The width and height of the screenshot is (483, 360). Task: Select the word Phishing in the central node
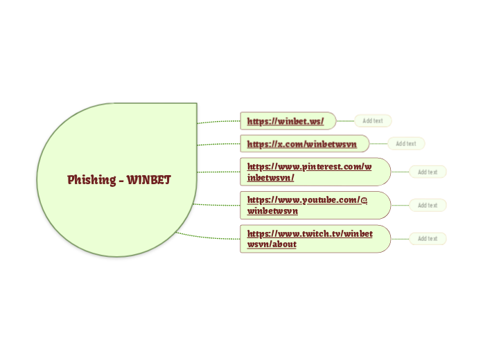click(91, 180)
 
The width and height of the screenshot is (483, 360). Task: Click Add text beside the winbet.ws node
click(373, 121)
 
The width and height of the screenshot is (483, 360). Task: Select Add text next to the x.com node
click(406, 144)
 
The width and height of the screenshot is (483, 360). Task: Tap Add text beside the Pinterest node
click(428, 172)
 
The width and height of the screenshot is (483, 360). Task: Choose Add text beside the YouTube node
click(428, 205)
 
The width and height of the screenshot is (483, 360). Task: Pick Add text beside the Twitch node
click(428, 239)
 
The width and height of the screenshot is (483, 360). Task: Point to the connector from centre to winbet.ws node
click(218, 122)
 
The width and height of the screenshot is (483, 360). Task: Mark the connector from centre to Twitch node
click(208, 237)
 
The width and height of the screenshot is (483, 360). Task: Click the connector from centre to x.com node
click(218, 144)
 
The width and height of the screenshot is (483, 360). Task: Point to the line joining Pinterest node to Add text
click(400, 172)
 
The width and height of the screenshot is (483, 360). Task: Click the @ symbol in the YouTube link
click(364, 200)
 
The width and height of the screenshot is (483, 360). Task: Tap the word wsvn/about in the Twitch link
click(272, 244)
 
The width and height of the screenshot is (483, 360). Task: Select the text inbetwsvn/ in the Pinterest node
click(271, 178)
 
